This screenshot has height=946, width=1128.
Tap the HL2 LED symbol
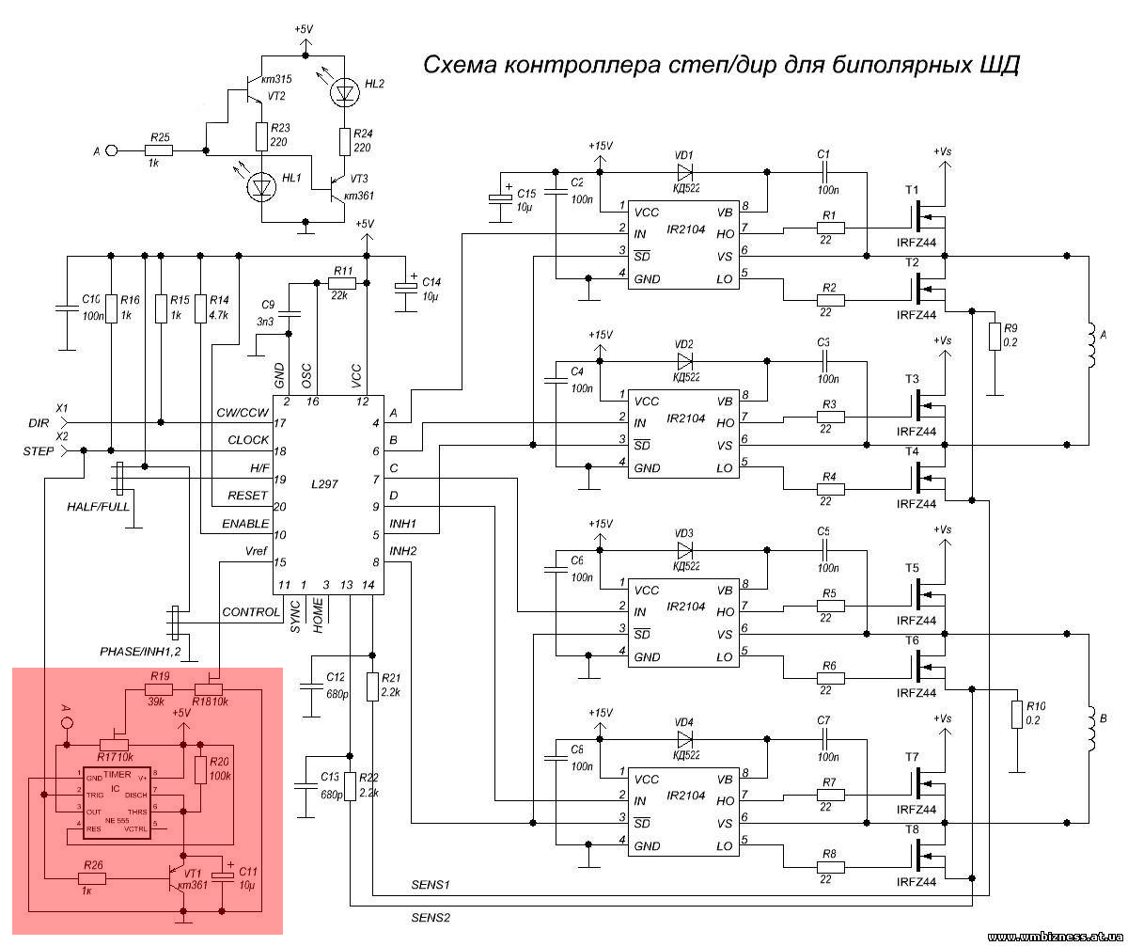click(346, 91)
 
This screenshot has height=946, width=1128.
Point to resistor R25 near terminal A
click(160, 150)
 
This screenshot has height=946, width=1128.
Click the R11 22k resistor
click(342, 283)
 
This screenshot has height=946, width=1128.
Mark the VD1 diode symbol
click(685, 172)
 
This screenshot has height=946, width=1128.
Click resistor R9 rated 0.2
click(995, 336)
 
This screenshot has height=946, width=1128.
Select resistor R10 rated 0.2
click(1016, 714)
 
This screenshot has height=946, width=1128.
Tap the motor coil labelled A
click(1090, 347)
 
